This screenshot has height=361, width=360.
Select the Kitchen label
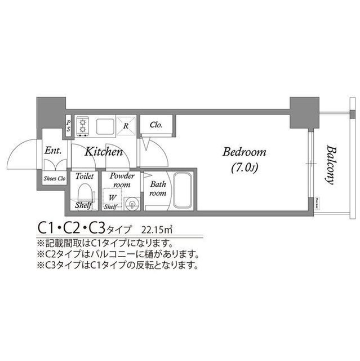coord(104,152)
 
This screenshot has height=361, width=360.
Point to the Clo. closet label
coord(156,125)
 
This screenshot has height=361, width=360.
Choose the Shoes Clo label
coord(55,179)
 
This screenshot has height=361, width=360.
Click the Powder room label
coord(122,180)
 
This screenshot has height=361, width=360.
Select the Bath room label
coord(158,188)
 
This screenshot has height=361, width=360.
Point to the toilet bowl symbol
coord(83,194)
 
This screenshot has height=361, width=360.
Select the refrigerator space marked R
coord(127,125)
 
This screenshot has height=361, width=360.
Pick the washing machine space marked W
coord(113,197)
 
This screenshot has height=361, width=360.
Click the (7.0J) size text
coord(243,168)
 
